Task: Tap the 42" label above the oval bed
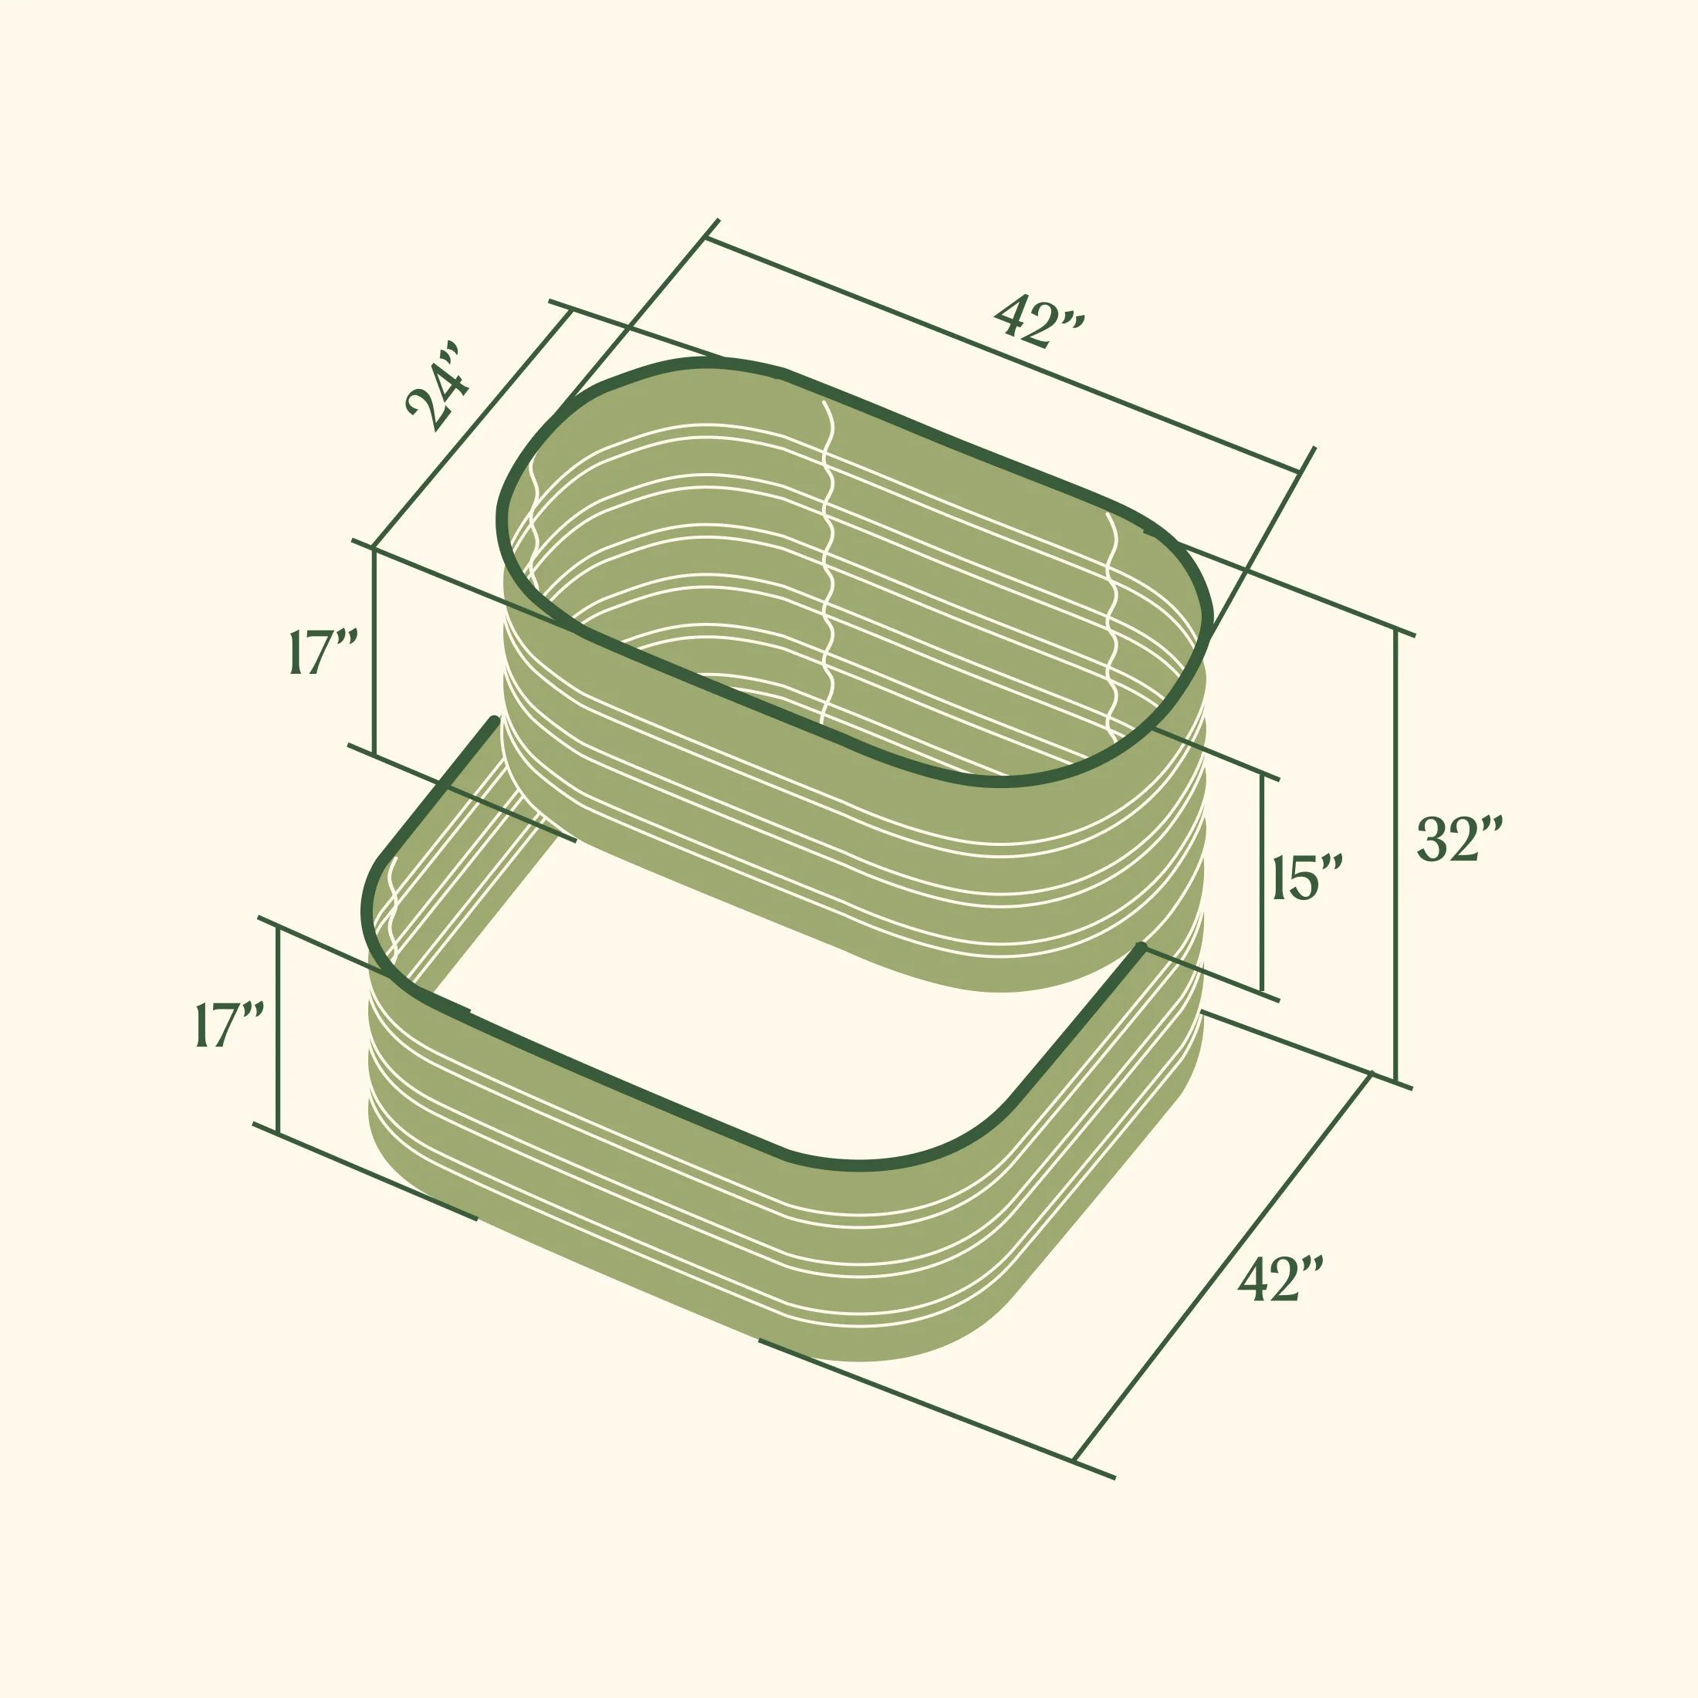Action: pyautogui.click(x=1039, y=321)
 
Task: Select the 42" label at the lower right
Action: pyautogui.click(x=1280, y=1279)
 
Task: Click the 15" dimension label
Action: pyautogui.click(x=1307, y=877)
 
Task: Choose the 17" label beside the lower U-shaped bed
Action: pyautogui.click(x=229, y=1024)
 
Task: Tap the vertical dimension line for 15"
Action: pyautogui.click(x=1262, y=883)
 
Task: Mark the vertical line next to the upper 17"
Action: pyautogui.click(x=374, y=651)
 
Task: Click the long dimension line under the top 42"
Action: pyautogui.click(x=1002, y=355)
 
